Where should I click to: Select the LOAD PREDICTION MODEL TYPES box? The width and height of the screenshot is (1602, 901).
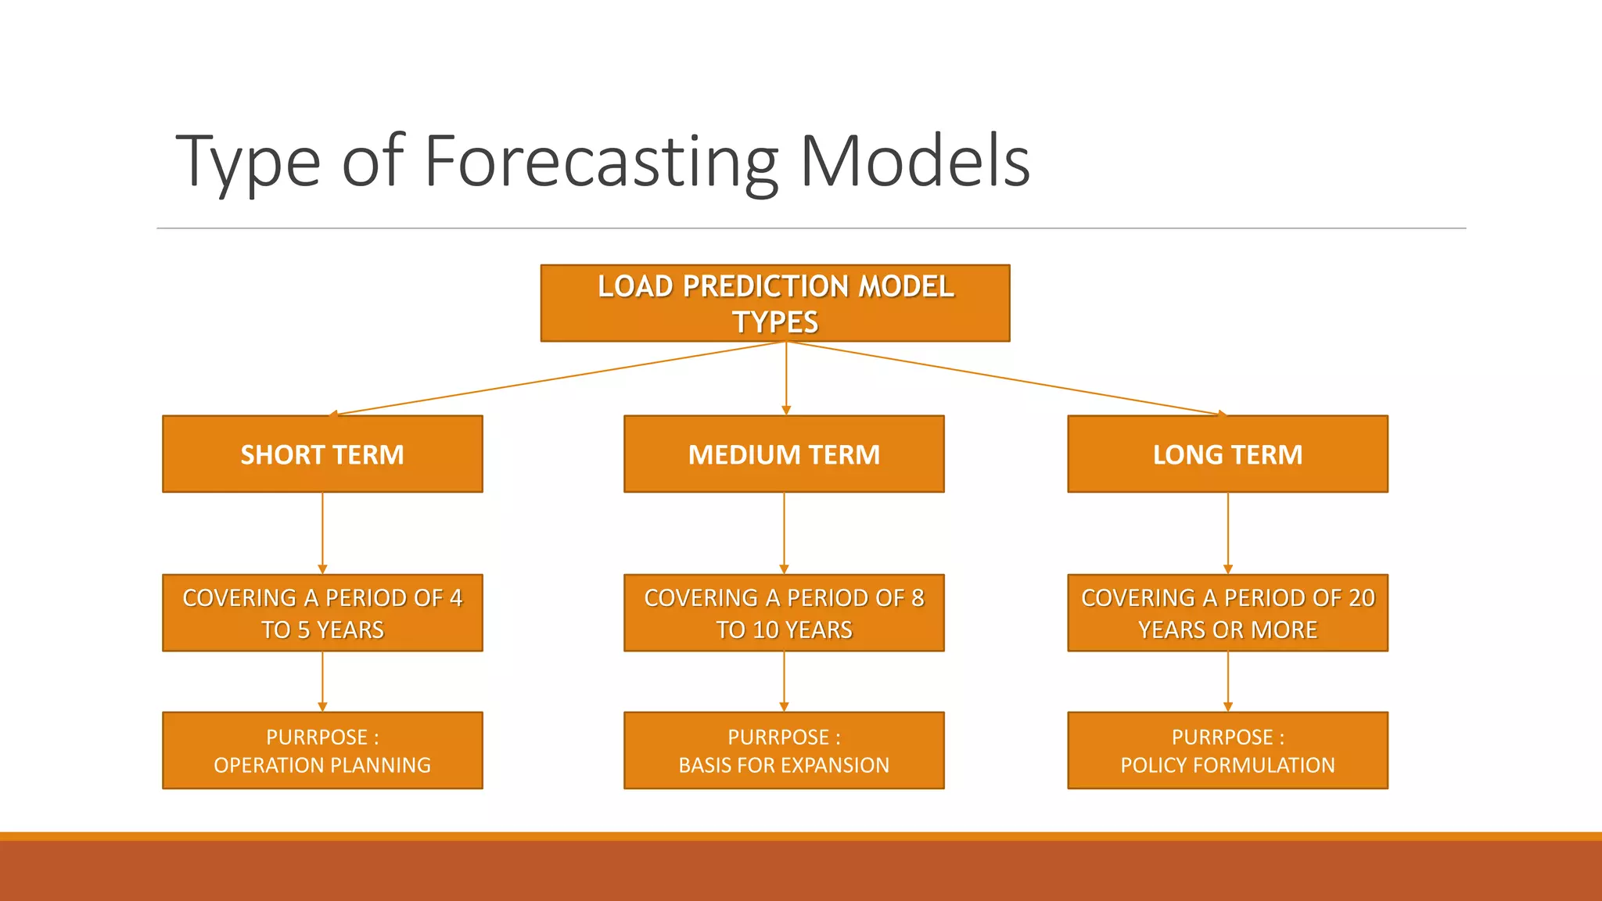click(x=774, y=303)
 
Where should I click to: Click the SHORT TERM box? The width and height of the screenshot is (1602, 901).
click(x=322, y=454)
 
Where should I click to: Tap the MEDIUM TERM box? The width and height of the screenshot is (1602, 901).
click(x=784, y=454)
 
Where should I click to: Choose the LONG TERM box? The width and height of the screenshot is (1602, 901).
click(x=1227, y=454)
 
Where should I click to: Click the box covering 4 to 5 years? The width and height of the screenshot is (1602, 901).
click(x=322, y=613)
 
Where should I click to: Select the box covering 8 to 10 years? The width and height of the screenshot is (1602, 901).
click(x=784, y=613)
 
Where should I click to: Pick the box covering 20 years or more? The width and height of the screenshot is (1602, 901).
click(x=1227, y=613)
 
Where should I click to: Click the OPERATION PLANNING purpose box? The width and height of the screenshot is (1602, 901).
click(x=322, y=751)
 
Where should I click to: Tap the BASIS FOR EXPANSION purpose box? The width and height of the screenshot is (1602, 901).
click(x=784, y=751)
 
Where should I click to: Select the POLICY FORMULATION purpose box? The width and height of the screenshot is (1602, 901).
click(x=1227, y=751)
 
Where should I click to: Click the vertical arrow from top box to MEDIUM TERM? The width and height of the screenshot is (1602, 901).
click(x=786, y=379)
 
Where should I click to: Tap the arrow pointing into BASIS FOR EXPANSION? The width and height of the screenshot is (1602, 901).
click(x=784, y=681)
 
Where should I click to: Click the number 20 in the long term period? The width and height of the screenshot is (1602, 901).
click(x=1361, y=598)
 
